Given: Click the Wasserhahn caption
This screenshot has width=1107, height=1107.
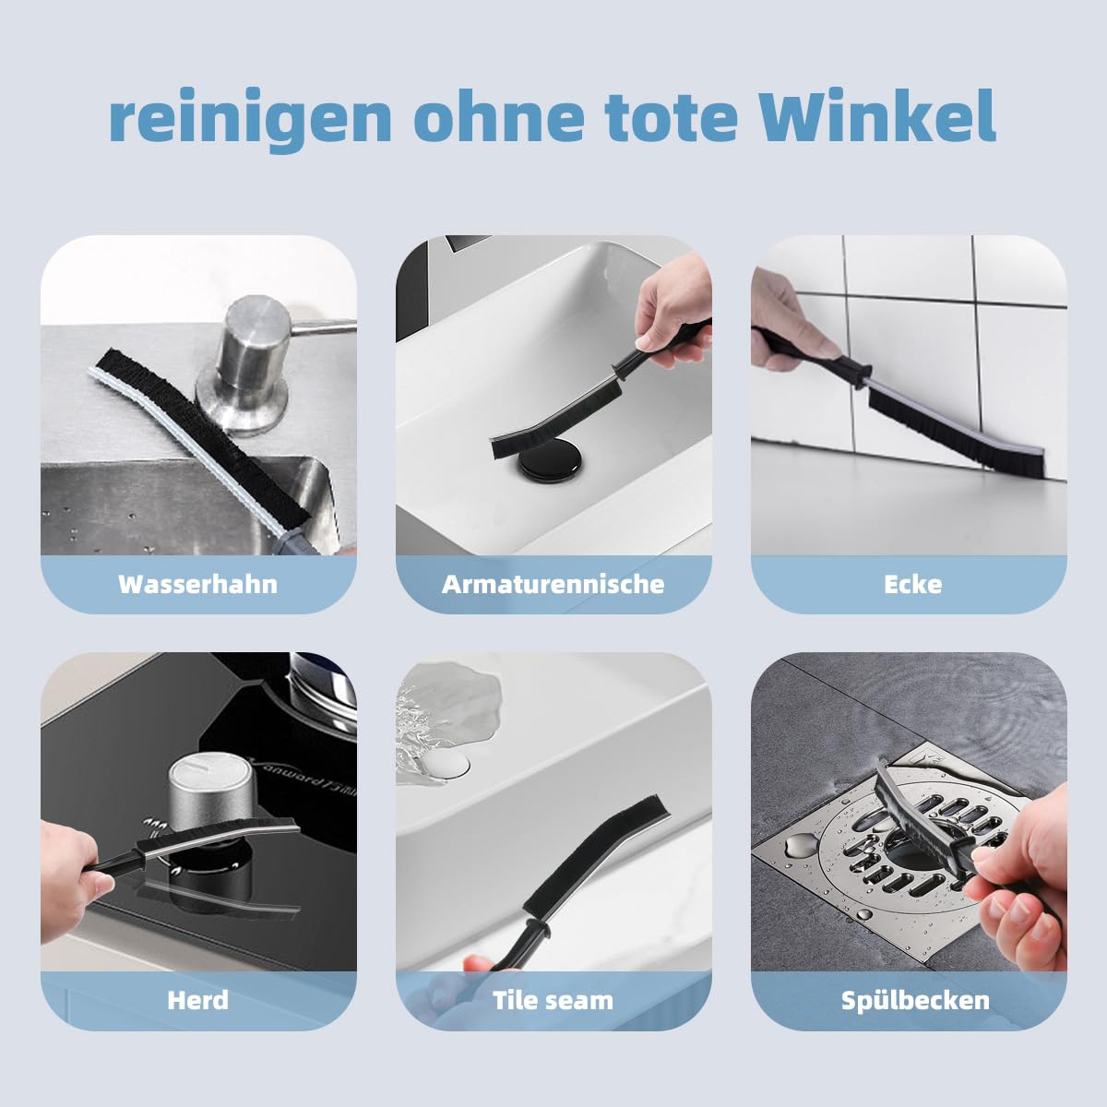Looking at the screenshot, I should pos(197,584).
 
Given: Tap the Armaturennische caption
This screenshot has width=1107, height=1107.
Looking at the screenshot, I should pos(553,584).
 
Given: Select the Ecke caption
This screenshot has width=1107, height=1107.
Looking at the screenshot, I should pos(912,584).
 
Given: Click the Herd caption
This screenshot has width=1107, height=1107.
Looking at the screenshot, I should pos(197,1000).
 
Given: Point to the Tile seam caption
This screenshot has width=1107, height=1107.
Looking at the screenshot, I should pos(553,1000).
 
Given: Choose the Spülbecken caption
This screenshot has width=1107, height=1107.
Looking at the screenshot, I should pos(914,1000).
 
